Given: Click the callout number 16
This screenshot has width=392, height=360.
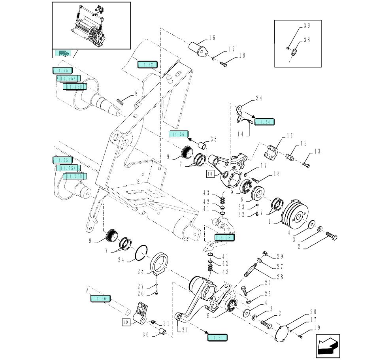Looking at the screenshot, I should pyautogui.click(x=212, y=38).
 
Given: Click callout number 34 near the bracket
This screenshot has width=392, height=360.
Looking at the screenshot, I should pyautogui.click(x=259, y=98).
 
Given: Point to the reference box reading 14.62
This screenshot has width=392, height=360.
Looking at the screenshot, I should pyautogui.click(x=147, y=64).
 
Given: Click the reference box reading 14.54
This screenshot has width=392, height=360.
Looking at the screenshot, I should pyautogui.click(x=264, y=122).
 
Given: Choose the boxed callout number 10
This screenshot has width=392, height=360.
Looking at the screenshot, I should pyautogui.click(x=209, y=173).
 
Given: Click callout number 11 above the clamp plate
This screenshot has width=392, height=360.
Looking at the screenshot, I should pyautogui.click(x=290, y=136).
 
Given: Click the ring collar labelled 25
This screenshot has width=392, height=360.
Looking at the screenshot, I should pyautogui.click(x=162, y=263).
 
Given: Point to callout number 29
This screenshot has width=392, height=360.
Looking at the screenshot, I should pyautogui.click(x=280, y=257).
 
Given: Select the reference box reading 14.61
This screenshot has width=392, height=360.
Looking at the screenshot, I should pyautogui.click(x=217, y=337).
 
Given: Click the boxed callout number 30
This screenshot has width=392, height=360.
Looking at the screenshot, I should pyautogui.click(x=126, y=322).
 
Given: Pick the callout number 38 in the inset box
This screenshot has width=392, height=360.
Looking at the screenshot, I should pyautogui.click(x=307, y=40).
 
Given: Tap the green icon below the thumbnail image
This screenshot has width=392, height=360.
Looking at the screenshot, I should pyautogui.click(x=62, y=53).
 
